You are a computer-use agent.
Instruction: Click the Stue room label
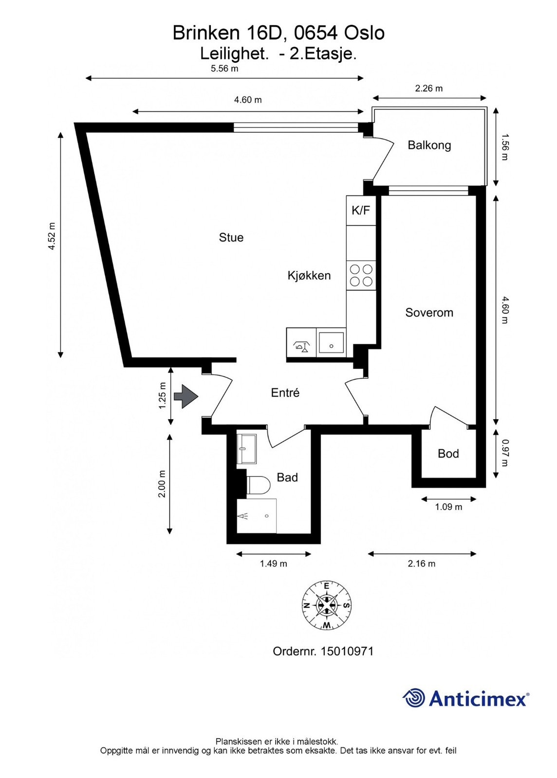pos(231,237)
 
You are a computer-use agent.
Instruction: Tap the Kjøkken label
pos(309,276)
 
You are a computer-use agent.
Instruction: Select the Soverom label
pos(429,313)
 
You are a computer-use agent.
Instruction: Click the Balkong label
pos(429,145)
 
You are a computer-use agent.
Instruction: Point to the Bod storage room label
pos(448,454)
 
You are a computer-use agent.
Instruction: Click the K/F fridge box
pos(361,210)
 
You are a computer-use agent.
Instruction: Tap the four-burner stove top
pos(361,275)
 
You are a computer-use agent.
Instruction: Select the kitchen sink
pos(331,343)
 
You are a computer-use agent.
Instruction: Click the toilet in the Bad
pos(258,485)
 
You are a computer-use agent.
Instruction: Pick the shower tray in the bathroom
pos(257,516)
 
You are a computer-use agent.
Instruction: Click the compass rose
pos(327,605)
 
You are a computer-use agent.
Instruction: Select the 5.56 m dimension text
pos(224,69)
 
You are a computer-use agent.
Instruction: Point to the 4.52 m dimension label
pos(52,236)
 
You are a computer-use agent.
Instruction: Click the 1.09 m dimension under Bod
pos(448,507)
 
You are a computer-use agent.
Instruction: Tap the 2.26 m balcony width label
pos(429,88)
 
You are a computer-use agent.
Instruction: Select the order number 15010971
pos(347,651)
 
